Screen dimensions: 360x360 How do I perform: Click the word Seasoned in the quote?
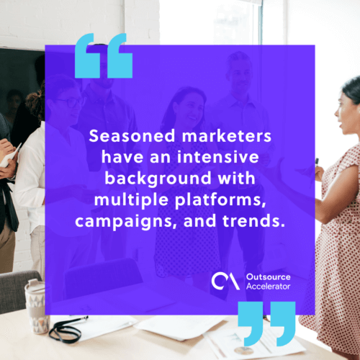point(132,136)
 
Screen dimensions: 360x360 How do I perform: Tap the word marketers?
point(227,136)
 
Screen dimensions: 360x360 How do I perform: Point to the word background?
point(158,179)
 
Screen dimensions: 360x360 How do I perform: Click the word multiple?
point(131,200)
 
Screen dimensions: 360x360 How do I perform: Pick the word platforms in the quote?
point(220,200)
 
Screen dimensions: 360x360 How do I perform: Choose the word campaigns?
point(124,221)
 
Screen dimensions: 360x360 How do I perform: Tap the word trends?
point(253,220)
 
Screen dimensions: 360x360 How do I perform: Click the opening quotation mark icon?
point(104,55)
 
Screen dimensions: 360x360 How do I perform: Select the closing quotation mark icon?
point(266,324)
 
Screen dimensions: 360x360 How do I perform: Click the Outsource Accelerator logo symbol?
point(225,281)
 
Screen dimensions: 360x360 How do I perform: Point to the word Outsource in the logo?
point(269,277)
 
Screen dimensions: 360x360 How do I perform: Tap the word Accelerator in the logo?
point(269,287)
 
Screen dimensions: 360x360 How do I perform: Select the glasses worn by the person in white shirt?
point(71,102)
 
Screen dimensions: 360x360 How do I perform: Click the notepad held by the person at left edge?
point(11,156)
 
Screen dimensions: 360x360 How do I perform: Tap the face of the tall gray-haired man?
point(239,78)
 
